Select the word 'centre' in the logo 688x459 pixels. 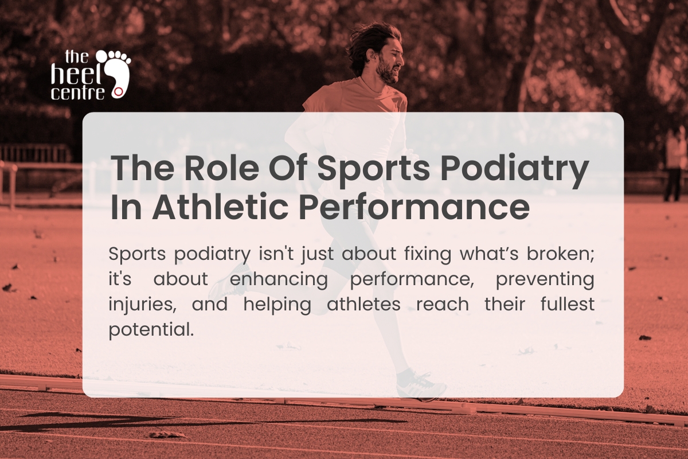click(77, 92)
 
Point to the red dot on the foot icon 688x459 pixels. click(118, 91)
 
